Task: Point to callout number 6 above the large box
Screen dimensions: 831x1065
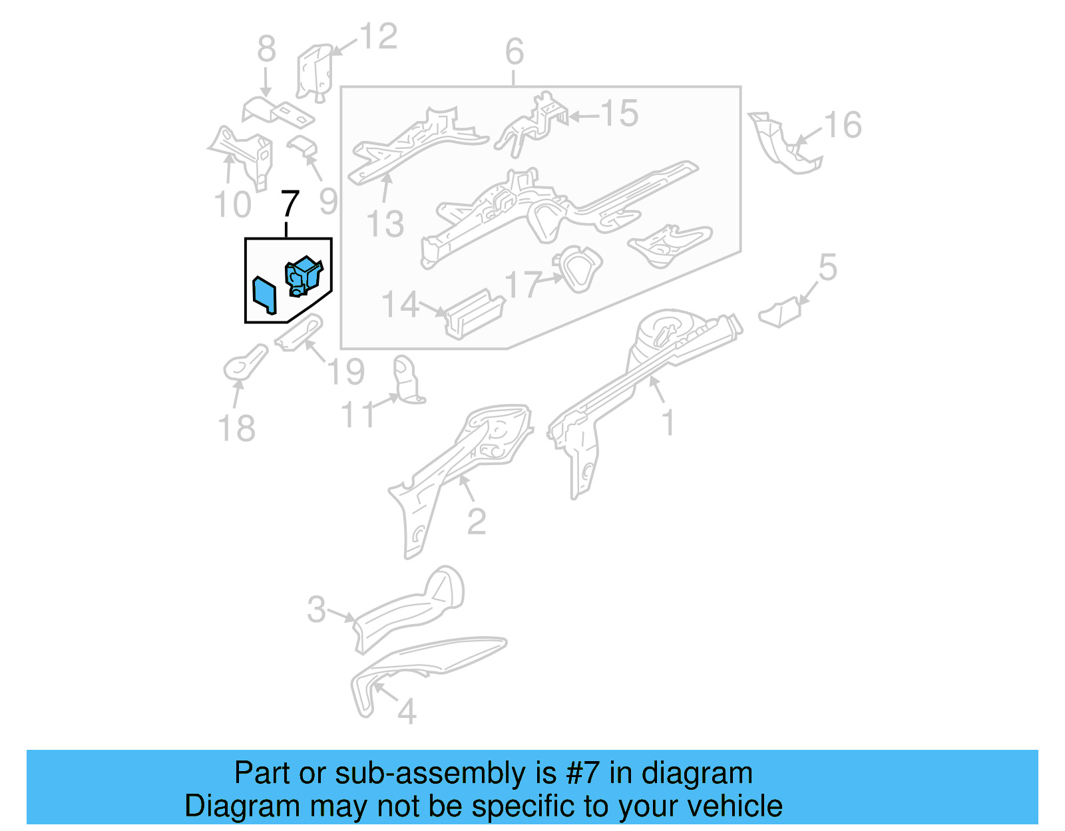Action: click(x=514, y=51)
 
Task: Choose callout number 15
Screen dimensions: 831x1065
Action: click(x=619, y=114)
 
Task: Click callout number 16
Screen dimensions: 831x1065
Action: click(x=843, y=125)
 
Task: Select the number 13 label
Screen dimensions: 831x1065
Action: click(x=385, y=224)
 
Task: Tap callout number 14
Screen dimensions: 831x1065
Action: click(x=401, y=305)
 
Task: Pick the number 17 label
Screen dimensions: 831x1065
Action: click(x=523, y=285)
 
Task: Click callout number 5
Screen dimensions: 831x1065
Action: click(x=827, y=267)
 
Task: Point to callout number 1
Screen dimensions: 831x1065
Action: click(x=668, y=423)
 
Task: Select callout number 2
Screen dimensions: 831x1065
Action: click(x=477, y=522)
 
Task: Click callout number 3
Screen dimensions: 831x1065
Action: click(x=317, y=609)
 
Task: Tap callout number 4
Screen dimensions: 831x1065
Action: click(x=407, y=712)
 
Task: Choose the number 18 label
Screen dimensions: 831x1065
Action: click(x=236, y=428)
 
